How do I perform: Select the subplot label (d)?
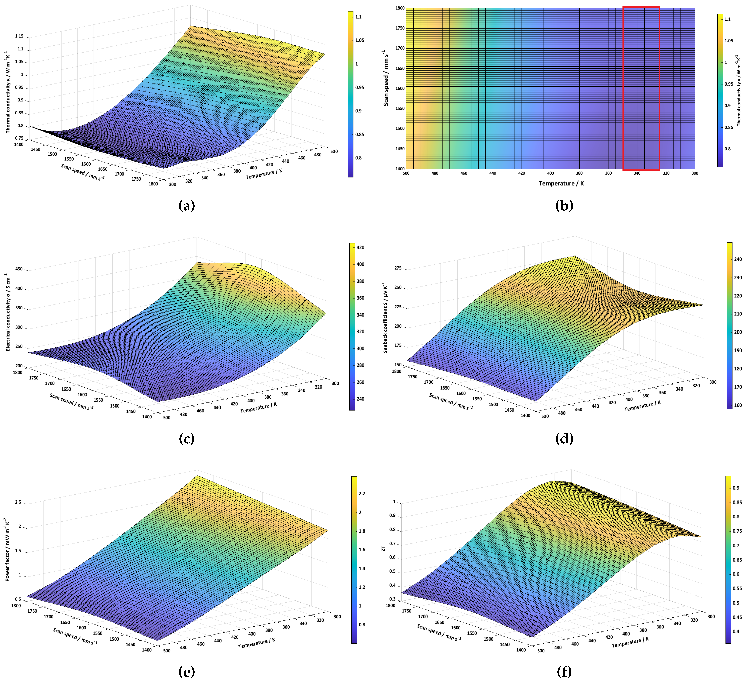point(564,439)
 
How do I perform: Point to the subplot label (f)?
point(564,672)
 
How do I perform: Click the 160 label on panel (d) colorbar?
point(738,405)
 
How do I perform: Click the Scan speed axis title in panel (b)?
point(386,78)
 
